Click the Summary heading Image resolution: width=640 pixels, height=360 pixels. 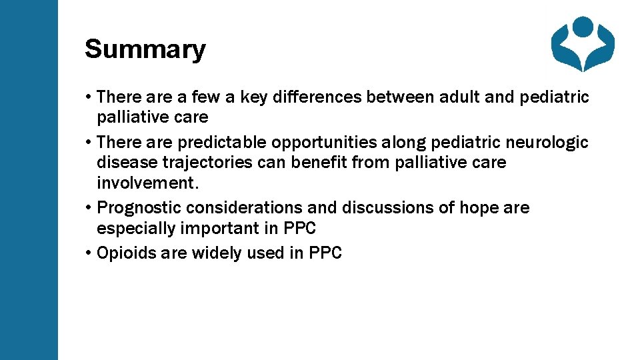[x=145, y=49]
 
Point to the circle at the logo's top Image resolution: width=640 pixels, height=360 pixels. [x=583, y=26]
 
